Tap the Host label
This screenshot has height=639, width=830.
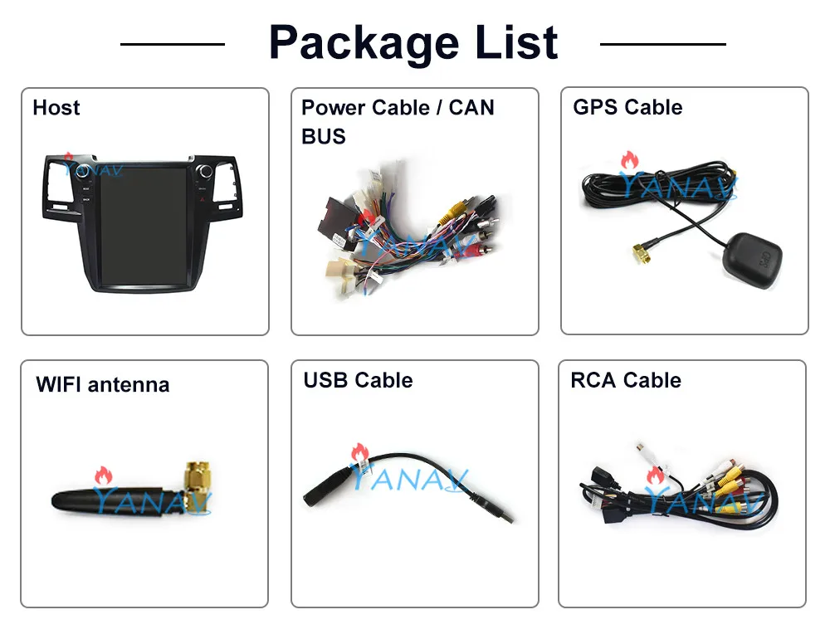(56, 108)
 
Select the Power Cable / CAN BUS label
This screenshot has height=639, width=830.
(398, 121)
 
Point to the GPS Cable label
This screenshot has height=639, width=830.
(627, 107)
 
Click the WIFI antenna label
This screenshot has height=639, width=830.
(102, 384)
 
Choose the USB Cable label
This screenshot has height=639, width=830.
(358, 380)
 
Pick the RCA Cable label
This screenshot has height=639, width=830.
(626, 380)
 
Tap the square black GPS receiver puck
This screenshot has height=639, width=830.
(754, 257)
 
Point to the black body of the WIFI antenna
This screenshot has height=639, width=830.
(116, 500)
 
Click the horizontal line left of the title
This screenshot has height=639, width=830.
(172, 43)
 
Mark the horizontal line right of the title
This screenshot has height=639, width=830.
(662, 43)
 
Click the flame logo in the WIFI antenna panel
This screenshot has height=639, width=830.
(102, 476)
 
